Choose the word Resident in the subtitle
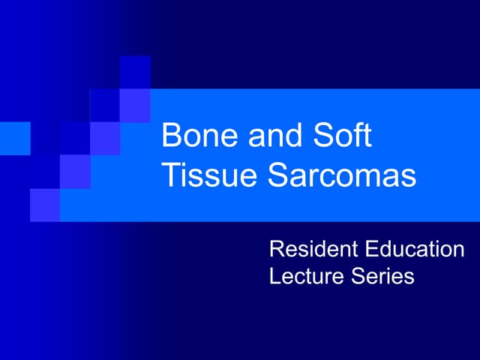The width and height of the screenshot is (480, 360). click(312, 249)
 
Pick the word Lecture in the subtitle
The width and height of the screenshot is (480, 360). click(305, 275)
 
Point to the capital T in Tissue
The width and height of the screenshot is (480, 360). click(170, 175)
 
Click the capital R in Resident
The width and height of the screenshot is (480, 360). click(277, 249)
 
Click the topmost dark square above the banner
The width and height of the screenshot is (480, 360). click(135, 73)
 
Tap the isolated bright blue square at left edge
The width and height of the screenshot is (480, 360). click(15, 138)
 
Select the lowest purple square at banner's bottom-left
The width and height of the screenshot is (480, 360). click(45, 205)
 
